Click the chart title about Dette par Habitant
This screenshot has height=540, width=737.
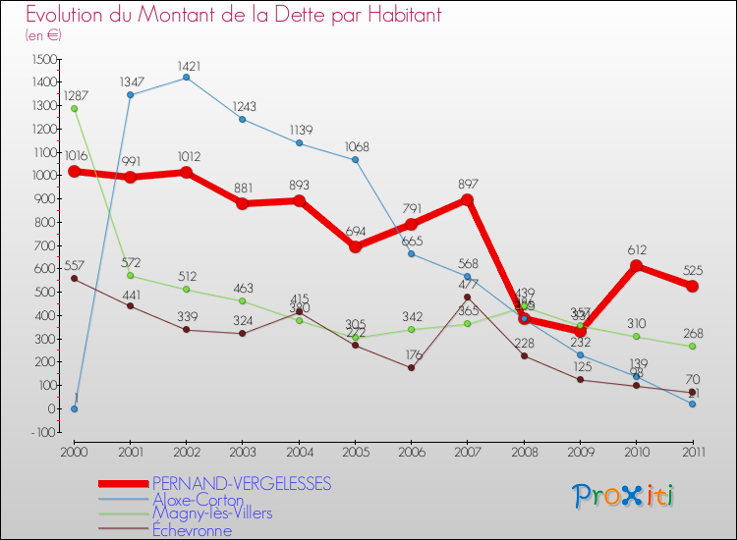coord(234,16)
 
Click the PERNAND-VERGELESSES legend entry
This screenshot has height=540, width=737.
coord(242,483)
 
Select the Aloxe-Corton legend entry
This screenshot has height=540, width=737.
coord(198,500)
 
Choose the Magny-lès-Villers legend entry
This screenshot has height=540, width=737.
coord(212,513)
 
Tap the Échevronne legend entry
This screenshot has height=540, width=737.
coord(193,530)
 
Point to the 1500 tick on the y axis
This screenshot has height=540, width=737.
coord(42,59)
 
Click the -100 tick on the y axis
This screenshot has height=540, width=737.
coord(42,432)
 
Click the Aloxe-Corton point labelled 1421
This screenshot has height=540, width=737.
coord(187,78)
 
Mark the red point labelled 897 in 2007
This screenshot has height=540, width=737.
coord(468,199)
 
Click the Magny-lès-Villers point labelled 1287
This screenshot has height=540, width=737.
coord(74,109)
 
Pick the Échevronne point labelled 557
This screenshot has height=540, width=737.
coord(74,279)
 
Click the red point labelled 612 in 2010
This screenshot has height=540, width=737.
coord(637,266)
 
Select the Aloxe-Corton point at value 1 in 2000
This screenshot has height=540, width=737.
coord(74,408)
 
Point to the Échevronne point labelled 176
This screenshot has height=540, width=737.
coord(411,367)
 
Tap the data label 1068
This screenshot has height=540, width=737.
coord(357,148)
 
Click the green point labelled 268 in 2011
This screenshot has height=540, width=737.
coord(693,346)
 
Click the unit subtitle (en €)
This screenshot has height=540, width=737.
coord(43,35)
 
